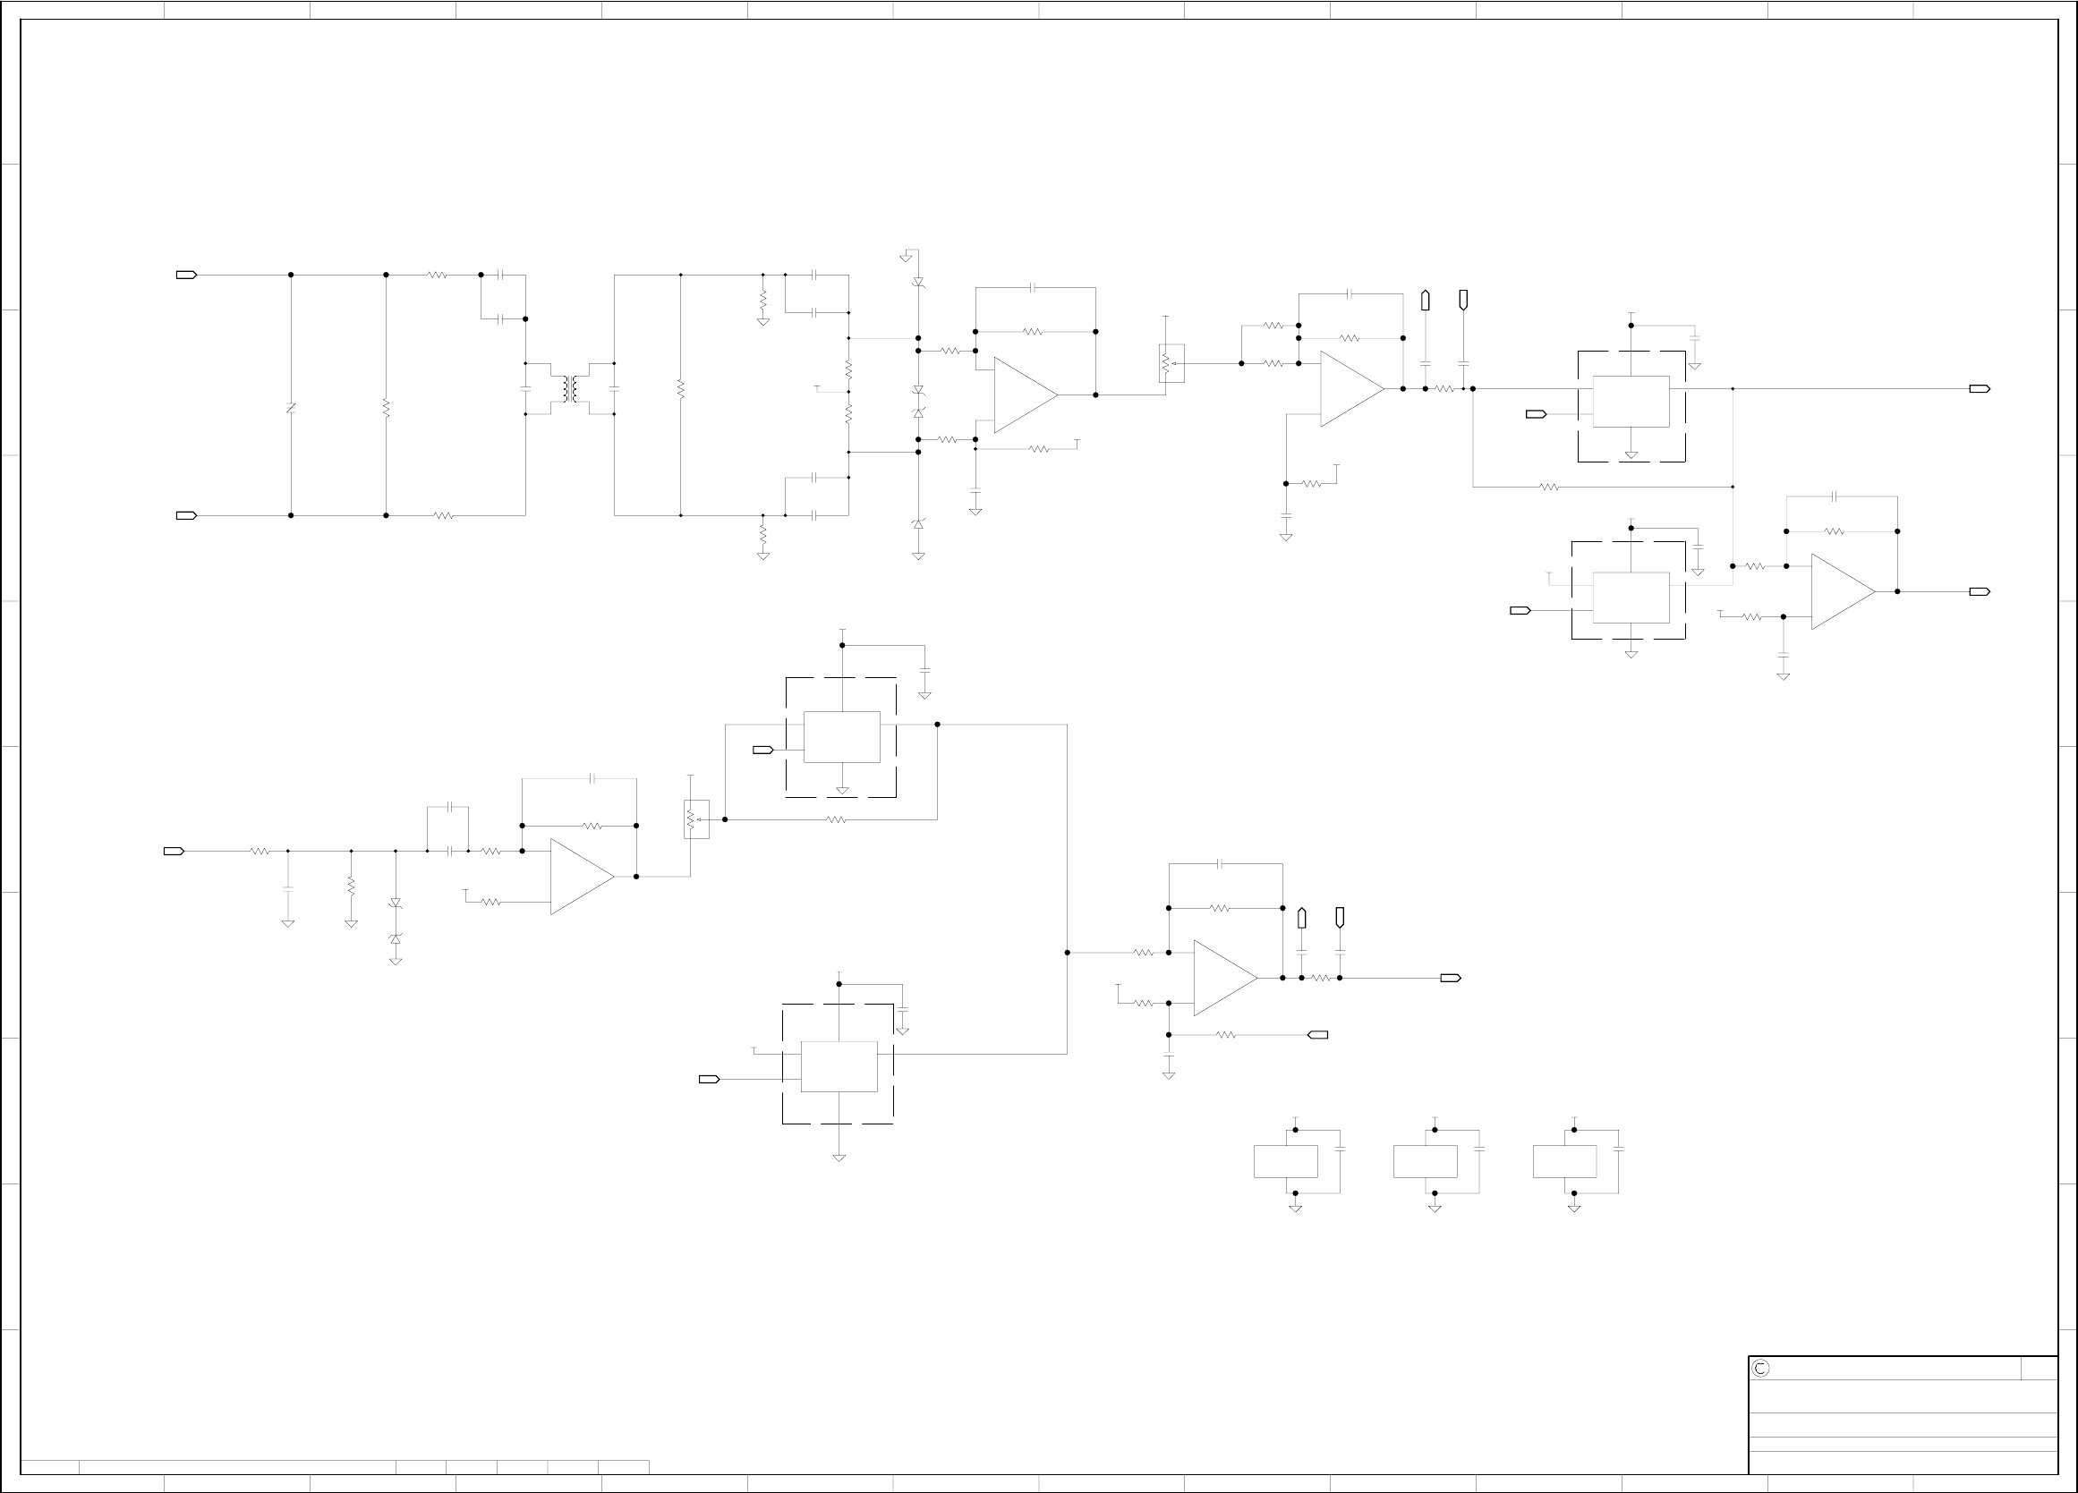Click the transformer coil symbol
click(570, 388)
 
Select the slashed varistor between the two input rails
click(291, 408)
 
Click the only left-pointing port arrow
click(1317, 1035)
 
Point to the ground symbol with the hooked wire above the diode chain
click(907, 256)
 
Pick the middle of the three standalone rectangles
click(1425, 1161)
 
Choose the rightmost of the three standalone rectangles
click(1564, 1161)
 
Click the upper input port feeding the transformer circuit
click(186, 275)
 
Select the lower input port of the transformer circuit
click(186, 515)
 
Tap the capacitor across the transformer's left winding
click(525, 388)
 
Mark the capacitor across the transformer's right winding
click(614, 388)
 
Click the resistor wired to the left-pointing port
click(1226, 1035)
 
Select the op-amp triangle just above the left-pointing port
click(1224, 979)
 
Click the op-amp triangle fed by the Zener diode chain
click(1025, 394)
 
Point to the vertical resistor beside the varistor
click(386, 408)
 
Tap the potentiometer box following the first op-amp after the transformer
click(1170, 363)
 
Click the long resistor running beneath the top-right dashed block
click(1549, 488)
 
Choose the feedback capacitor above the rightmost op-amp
click(1835, 496)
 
